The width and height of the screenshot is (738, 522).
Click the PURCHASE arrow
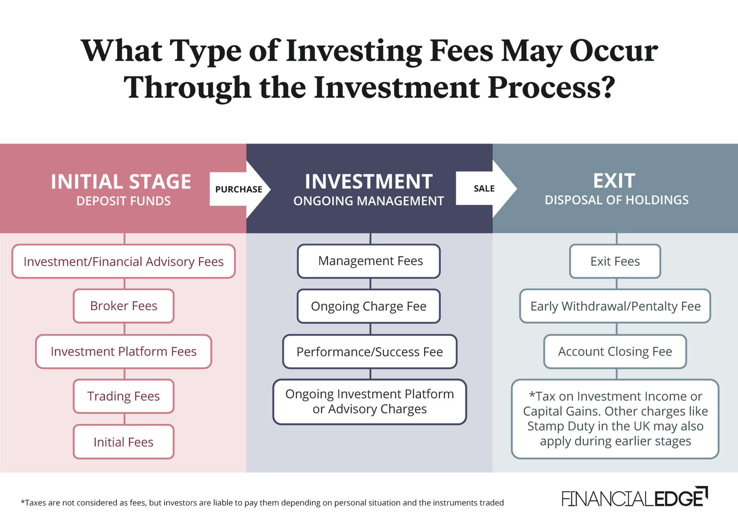239,189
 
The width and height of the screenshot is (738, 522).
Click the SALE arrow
484,189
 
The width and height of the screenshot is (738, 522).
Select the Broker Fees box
124,306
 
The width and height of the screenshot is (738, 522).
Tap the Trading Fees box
124,396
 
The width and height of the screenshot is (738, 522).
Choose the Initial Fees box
124,442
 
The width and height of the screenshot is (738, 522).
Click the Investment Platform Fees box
124,351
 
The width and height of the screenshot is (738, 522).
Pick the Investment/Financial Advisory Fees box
124,261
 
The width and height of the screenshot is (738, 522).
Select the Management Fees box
370,261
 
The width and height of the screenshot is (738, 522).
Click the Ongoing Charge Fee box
369,306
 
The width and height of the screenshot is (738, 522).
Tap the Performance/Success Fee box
370,351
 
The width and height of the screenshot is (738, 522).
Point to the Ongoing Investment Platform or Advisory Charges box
370,402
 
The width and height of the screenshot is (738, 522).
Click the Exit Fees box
615,261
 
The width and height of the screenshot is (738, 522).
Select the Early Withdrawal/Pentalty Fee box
615,306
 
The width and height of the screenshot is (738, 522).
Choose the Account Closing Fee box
615,351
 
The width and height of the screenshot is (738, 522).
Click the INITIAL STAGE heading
121,181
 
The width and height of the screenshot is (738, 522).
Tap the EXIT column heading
614,181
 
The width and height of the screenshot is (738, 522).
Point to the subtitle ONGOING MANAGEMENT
369,201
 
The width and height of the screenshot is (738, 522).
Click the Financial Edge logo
634,498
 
